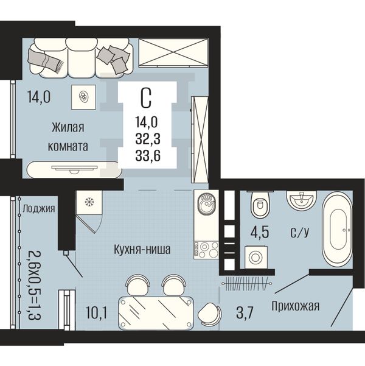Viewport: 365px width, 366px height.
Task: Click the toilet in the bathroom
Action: (260, 204)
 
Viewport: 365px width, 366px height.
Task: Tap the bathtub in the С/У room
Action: (338, 230)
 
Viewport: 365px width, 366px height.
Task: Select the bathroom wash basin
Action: (301, 200)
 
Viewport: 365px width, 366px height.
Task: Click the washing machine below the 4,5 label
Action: (255, 257)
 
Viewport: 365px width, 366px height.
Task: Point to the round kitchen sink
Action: (206, 204)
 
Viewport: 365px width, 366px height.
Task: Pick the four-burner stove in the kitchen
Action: (206, 250)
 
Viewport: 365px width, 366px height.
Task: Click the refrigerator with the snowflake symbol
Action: (89, 202)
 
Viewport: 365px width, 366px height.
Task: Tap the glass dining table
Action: (156, 313)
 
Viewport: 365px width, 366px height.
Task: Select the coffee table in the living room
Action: (83, 97)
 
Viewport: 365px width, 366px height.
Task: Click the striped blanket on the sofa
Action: (45, 61)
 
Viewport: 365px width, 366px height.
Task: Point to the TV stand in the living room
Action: (74, 170)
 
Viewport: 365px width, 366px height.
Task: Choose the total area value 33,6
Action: (148, 155)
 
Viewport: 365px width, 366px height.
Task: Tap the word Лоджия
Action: (39, 209)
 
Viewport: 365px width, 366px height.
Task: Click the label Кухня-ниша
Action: (142, 249)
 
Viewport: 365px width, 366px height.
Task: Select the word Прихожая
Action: (295, 306)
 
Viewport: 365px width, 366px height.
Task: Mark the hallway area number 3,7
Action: (245, 313)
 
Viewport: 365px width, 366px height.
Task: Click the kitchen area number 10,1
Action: (96, 313)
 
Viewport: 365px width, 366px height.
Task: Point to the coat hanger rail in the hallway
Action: (246, 283)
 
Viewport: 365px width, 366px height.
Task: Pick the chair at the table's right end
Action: (209, 314)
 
